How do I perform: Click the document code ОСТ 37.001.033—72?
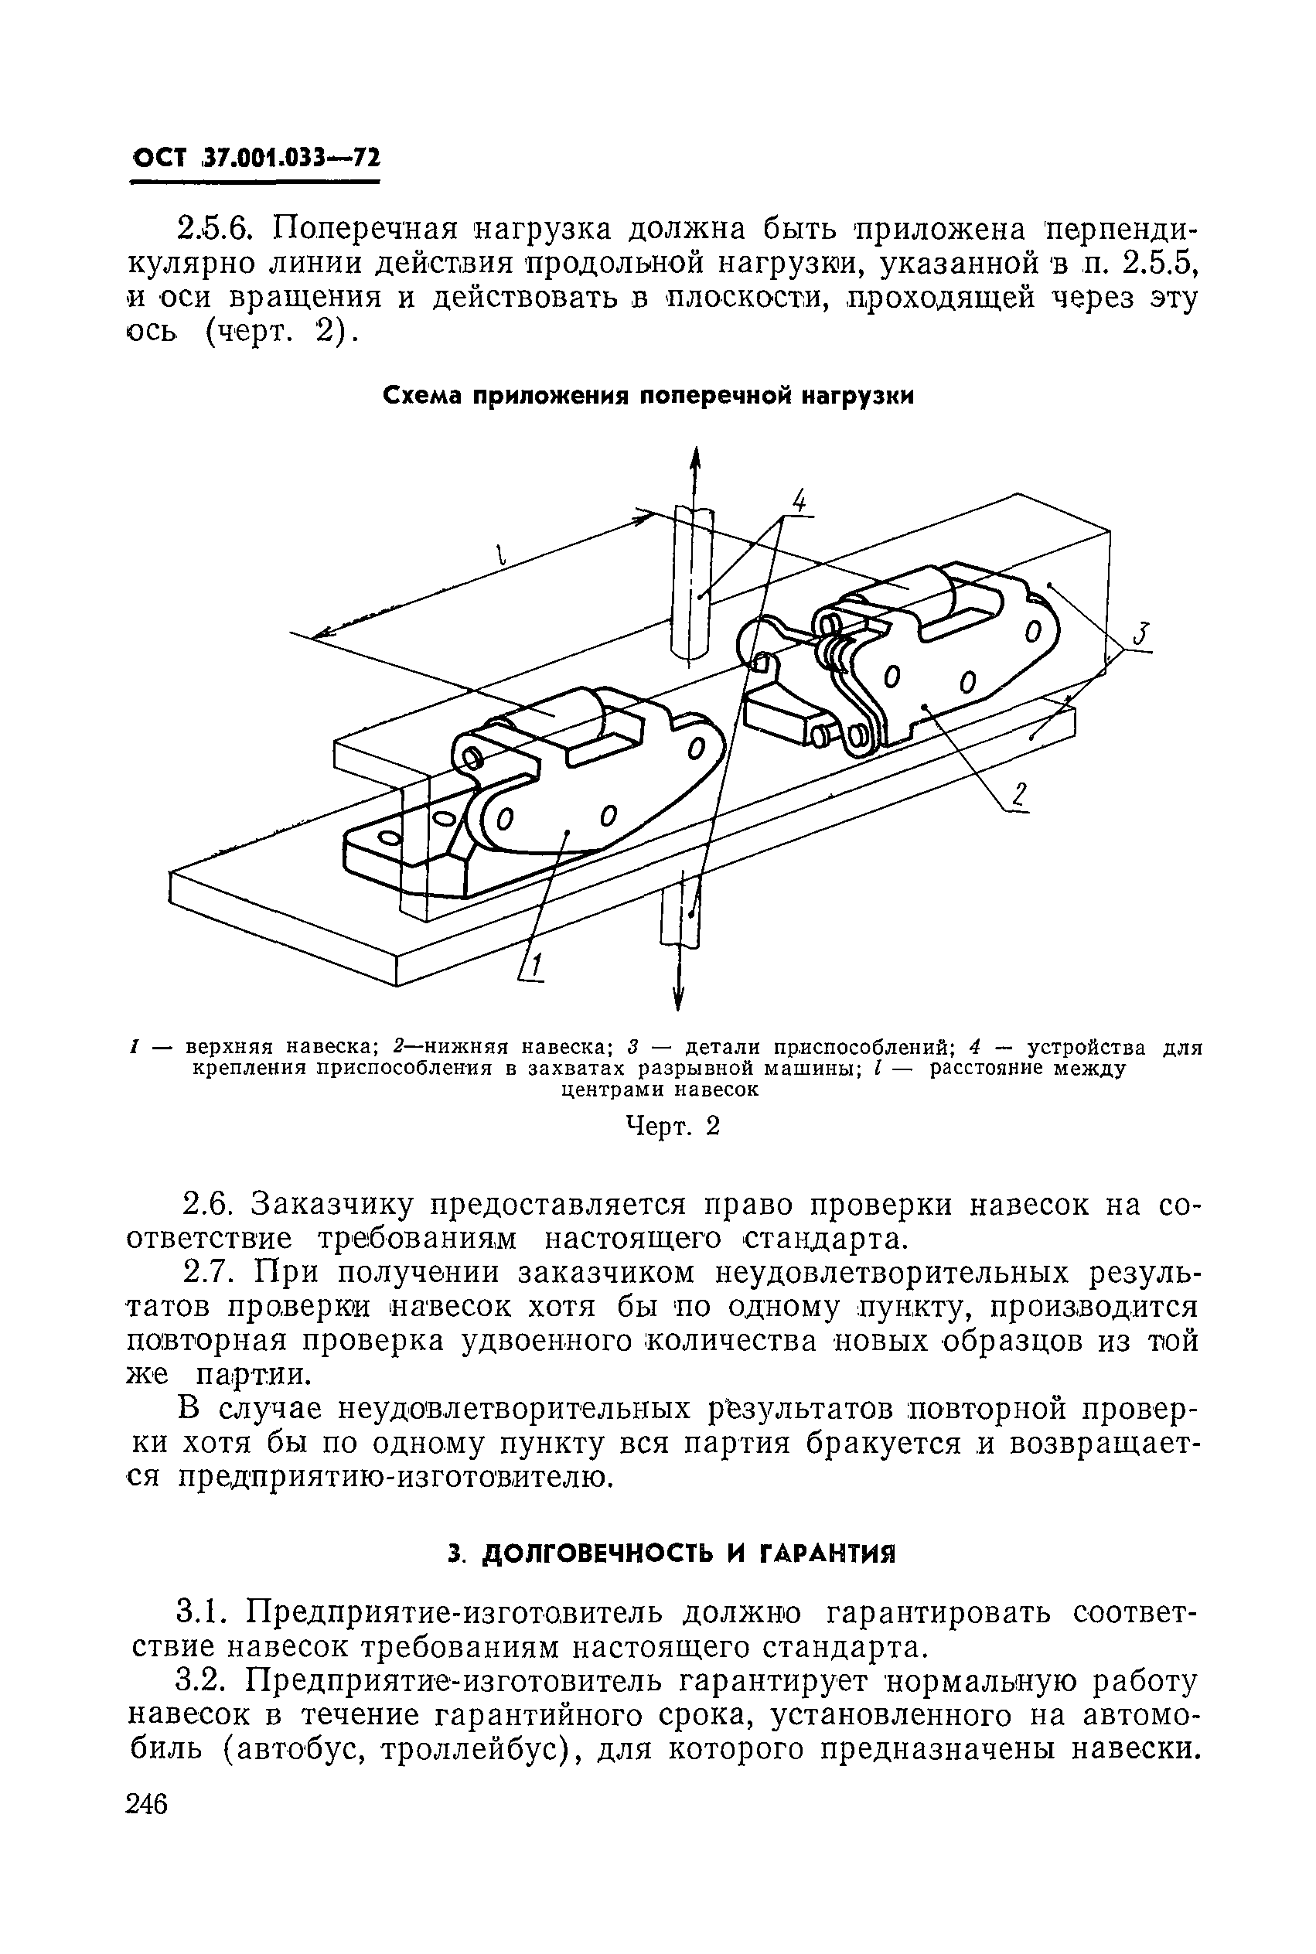pyautogui.click(x=256, y=157)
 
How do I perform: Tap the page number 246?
pyautogui.click(x=147, y=1803)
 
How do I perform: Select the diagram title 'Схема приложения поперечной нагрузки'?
pyautogui.click(x=647, y=395)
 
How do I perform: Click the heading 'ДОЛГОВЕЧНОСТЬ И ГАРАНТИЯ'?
pyautogui.click(x=670, y=1554)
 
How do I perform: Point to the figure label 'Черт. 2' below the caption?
pyautogui.click(x=675, y=1127)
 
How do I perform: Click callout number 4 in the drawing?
pyautogui.click(x=799, y=502)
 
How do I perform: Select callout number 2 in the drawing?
pyautogui.click(x=1019, y=793)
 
